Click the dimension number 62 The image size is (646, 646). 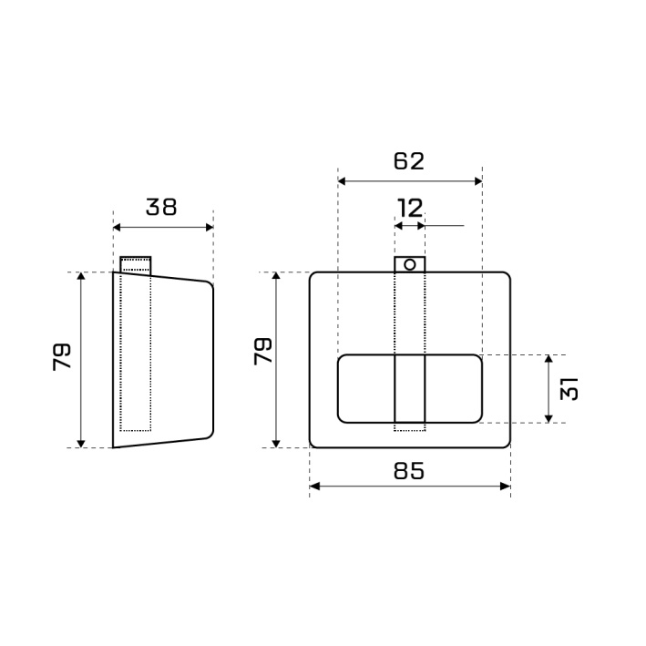pyautogui.click(x=409, y=161)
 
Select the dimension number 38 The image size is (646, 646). pyautogui.click(x=161, y=207)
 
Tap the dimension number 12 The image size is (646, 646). pyautogui.click(x=410, y=208)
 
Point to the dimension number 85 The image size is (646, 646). pyautogui.click(x=409, y=470)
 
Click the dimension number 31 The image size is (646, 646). pyautogui.click(x=569, y=388)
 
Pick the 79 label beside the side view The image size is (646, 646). pyautogui.click(x=62, y=357)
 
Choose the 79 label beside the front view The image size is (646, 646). pyautogui.click(x=262, y=351)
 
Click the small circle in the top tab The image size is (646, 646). pyautogui.click(x=409, y=264)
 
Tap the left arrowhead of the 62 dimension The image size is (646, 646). pyautogui.click(x=342, y=181)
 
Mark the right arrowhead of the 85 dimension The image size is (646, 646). pyautogui.click(x=506, y=487)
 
